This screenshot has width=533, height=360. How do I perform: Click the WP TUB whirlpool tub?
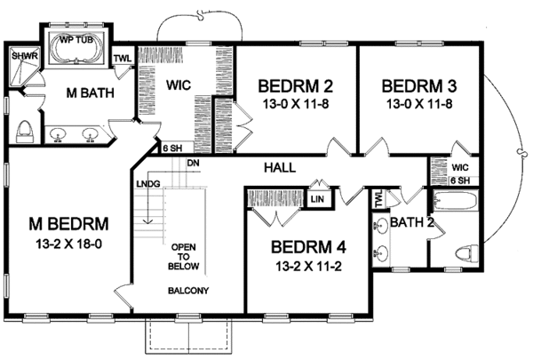(x=76, y=49)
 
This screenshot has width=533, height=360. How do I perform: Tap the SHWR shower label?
(x=25, y=55)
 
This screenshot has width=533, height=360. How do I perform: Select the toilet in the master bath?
(x=25, y=132)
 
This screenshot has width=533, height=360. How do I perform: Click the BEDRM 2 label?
(x=296, y=86)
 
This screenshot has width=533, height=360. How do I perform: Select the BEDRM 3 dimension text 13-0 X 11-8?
(x=418, y=104)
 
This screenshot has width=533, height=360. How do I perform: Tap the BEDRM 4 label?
(x=308, y=247)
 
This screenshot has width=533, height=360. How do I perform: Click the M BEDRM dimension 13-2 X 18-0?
(x=69, y=244)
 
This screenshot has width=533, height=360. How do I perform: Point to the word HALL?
(x=280, y=167)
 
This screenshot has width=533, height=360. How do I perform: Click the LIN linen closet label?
(x=317, y=198)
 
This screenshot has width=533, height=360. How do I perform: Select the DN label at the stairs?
(x=193, y=164)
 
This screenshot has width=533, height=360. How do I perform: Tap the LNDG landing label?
(x=148, y=184)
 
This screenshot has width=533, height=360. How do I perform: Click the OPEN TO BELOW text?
(x=184, y=257)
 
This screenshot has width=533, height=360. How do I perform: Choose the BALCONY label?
(x=188, y=291)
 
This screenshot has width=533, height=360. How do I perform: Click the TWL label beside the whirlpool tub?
(x=123, y=58)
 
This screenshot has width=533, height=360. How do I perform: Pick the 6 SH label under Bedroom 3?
(x=460, y=180)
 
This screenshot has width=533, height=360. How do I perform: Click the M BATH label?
(x=90, y=93)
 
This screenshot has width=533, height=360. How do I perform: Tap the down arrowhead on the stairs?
(x=147, y=221)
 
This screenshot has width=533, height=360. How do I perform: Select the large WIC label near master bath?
(x=179, y=85)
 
